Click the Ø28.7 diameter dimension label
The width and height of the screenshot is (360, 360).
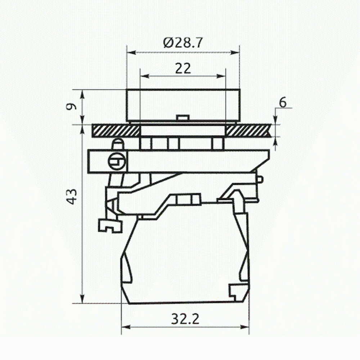pyautogui.click(x=183, y=43)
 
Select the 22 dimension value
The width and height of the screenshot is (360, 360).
pyautogui.click(x=183, y=68)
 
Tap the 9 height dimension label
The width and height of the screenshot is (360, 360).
pyautogui.click(x=72, y=107)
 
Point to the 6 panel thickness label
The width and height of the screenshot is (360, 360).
pyautogui.click(x=283, y=102)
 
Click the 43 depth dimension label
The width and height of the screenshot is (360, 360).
pyautogui.click(x=72, y=197)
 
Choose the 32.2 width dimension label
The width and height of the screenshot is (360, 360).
pyautogui.click(x=185, y=319)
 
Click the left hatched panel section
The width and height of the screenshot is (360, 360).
pyautogui.click(x=116, y=131)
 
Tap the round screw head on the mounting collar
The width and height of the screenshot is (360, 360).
pyautogui.click(x=117, y=162)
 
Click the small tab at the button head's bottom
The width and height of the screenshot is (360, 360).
pyautogui.click(x=183, y=118)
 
